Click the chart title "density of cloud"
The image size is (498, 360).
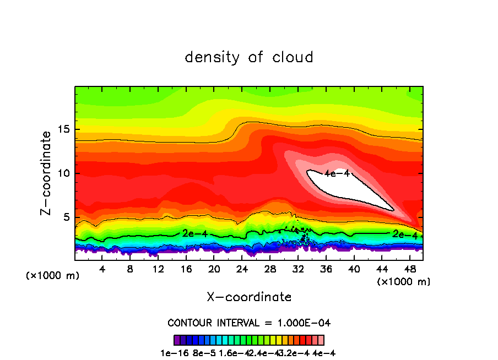coord(249,57)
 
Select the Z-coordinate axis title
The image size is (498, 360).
coord(46,173)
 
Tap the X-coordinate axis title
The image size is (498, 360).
coord(249,297)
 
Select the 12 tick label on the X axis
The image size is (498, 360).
coord(158,269)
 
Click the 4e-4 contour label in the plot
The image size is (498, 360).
coord(337,173)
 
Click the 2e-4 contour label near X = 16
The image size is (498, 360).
coord(194,233)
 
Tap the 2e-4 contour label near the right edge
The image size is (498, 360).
coord(405,234)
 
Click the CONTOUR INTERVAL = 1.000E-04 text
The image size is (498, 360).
coord(249,323)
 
